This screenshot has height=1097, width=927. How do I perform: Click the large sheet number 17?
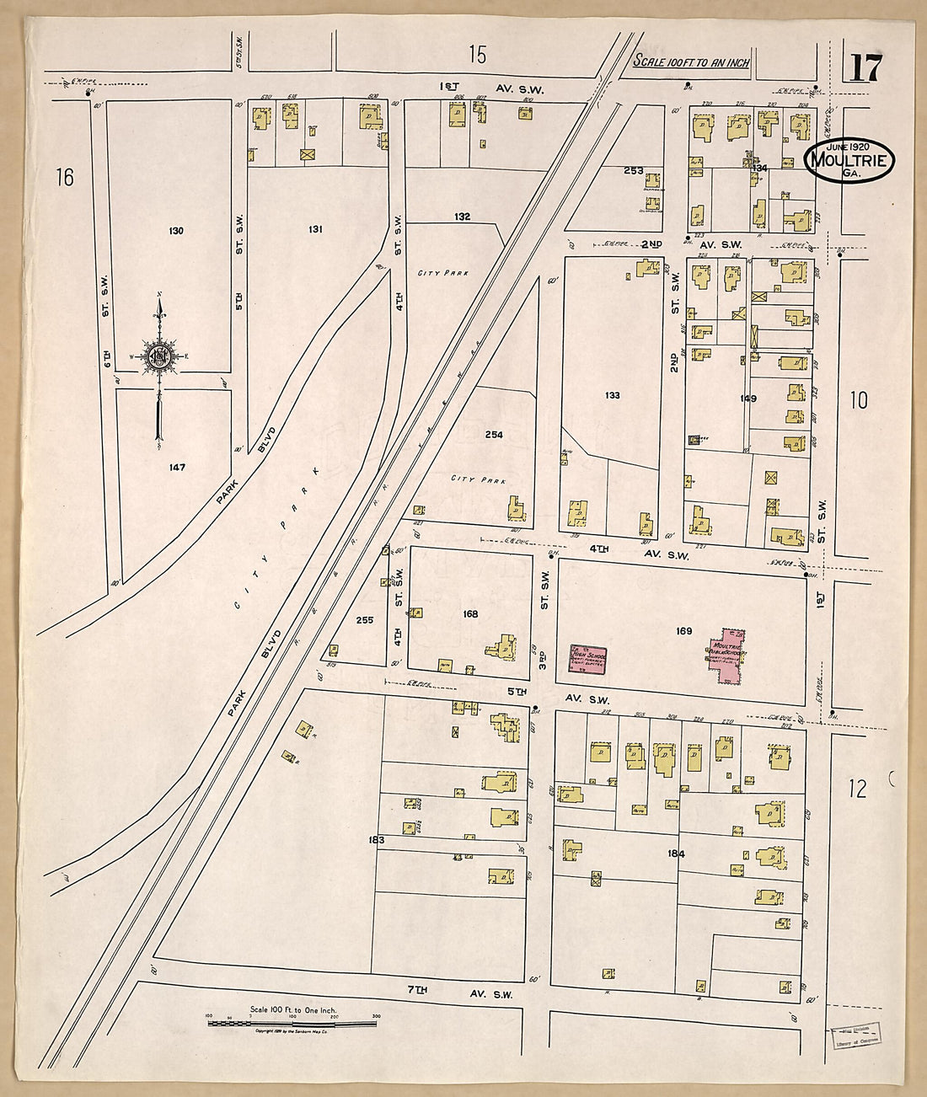(x=866, y=67)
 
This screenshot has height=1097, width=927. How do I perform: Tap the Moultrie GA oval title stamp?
(x=849, y=159)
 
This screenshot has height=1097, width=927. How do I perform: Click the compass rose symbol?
(x=158, y=356)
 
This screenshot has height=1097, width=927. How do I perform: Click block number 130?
(x=175, y=231)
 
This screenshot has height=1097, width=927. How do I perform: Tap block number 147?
(x=176, y=467)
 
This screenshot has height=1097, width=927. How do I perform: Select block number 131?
(x=316, y=229)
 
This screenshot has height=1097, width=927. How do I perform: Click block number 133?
(x=613, y=395)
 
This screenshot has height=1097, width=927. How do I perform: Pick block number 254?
(x=494, y=435)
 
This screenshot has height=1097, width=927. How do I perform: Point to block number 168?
(x=470, y=614)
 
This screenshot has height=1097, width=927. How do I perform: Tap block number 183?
(x=376, y=840)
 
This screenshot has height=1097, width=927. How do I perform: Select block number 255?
(x=364, y=620)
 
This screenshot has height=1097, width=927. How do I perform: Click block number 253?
(x=633, y=171)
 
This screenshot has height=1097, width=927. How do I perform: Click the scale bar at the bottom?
(x=292, y=1024)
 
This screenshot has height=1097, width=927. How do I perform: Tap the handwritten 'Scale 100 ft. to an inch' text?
(x=691, y=62)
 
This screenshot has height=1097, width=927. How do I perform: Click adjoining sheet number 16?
(x=65, y=178)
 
